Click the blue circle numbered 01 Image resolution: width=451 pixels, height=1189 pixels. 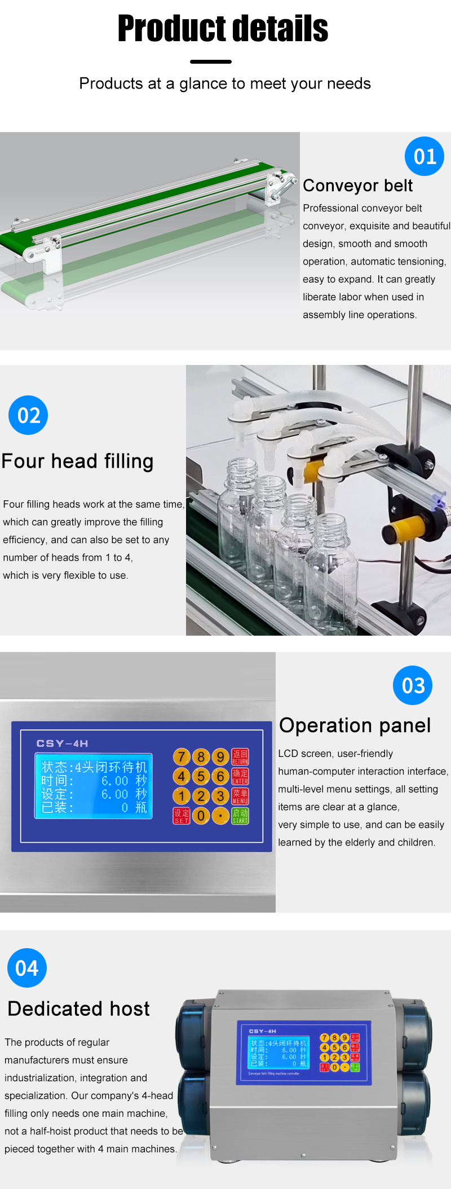coord(425,156)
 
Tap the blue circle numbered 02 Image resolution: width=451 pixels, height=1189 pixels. coord(28,415)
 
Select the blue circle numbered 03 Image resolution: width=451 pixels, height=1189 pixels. coord(413,685)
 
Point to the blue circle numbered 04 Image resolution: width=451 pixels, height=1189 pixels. coord(27,968)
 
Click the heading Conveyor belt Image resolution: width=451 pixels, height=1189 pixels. coord(357,186)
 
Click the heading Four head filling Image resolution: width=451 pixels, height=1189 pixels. coord(77,461)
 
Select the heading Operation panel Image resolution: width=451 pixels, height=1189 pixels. coord(355,725)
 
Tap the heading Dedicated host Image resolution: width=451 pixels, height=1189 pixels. coord(79,1009)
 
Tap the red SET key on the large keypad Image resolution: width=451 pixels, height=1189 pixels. coord(182,816)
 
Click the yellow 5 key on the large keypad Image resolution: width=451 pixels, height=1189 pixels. coord(201,777)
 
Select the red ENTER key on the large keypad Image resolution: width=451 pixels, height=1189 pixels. coord(240,777)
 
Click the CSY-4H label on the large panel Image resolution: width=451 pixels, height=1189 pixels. coord(62,743)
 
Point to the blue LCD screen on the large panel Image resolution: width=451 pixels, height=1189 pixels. coord(94,786)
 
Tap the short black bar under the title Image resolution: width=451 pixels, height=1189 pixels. coord(211,61)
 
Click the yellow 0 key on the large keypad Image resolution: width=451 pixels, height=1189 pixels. coord(201,816)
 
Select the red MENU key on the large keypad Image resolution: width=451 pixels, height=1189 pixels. coord(240,796)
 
